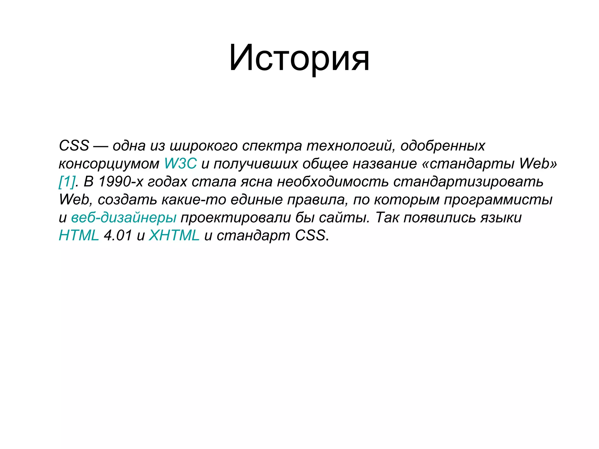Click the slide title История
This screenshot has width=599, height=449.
(299, 58)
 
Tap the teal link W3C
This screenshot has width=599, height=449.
(180, 163)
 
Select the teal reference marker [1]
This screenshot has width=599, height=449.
(67, 182)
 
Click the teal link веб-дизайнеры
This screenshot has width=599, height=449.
(124, 217)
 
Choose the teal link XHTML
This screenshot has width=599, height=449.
(174, 235)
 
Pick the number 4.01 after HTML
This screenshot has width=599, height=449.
(118, 235)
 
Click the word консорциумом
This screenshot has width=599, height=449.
(109, 164)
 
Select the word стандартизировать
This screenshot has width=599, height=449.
(468, 182)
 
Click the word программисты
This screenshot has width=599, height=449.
(498, 200)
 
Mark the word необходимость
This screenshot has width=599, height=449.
(333, 182)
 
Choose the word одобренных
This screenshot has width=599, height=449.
(443, 146)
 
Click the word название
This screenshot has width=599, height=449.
(385, 164)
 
